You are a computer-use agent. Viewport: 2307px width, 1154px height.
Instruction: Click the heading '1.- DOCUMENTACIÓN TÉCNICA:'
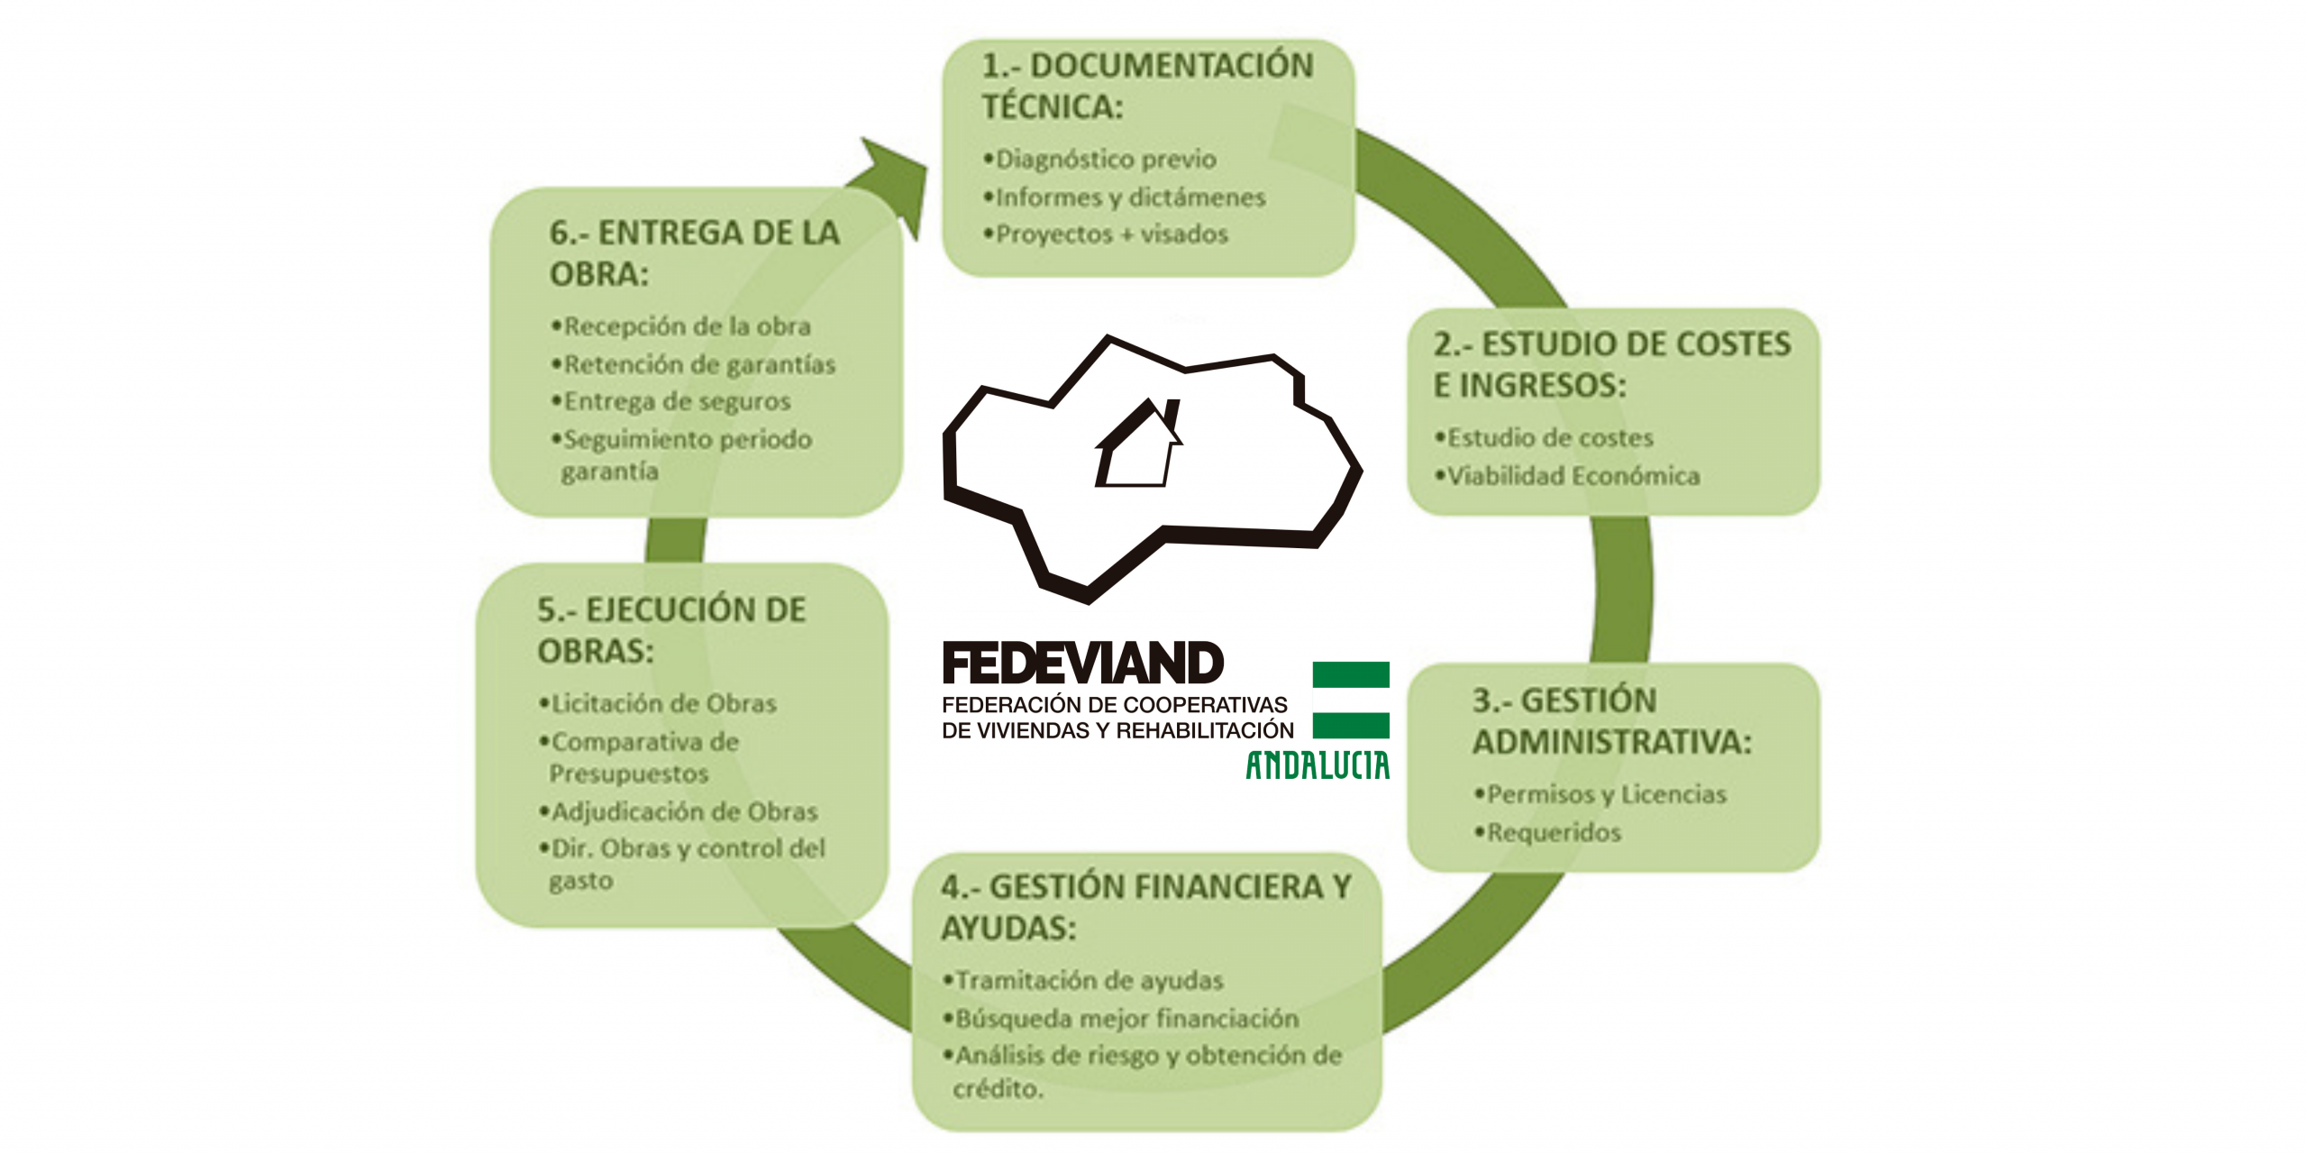point(1146,86)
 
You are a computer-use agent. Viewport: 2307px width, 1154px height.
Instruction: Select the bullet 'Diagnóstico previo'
point(1105,160)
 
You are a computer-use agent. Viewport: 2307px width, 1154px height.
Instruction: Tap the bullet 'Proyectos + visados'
point(1111,234)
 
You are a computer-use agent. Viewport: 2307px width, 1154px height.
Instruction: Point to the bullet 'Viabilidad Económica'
point(1573,476)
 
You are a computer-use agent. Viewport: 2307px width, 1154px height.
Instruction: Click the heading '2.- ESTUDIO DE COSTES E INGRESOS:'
point(1611,364)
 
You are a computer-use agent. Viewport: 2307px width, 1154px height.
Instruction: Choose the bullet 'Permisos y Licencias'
point(1606,794)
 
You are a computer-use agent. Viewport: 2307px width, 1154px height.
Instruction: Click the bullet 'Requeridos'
point(1553,832)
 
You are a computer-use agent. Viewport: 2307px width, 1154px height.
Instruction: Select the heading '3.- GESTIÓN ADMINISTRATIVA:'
point(1611,721)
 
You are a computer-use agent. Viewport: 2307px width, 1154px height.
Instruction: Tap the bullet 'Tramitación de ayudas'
point(1089,980)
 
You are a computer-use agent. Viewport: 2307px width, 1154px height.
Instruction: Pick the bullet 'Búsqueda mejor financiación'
point(1126,1019)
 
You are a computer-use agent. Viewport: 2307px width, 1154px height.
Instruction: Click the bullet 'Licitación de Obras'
point(663,703)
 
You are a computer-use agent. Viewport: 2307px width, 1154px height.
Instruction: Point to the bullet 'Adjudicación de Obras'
point(684,812)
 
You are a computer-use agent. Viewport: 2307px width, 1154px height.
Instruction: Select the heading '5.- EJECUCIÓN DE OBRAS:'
point(671,630)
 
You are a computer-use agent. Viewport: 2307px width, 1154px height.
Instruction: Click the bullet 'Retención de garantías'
point(698,364)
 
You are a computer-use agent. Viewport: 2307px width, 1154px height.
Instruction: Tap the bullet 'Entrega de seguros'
point(676,401)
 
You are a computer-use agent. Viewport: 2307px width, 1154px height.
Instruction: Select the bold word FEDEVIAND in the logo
point(1082,664)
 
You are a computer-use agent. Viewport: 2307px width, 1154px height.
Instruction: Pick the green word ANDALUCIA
point(1318,765)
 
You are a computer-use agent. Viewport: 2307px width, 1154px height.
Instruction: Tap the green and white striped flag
point(1350,700)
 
